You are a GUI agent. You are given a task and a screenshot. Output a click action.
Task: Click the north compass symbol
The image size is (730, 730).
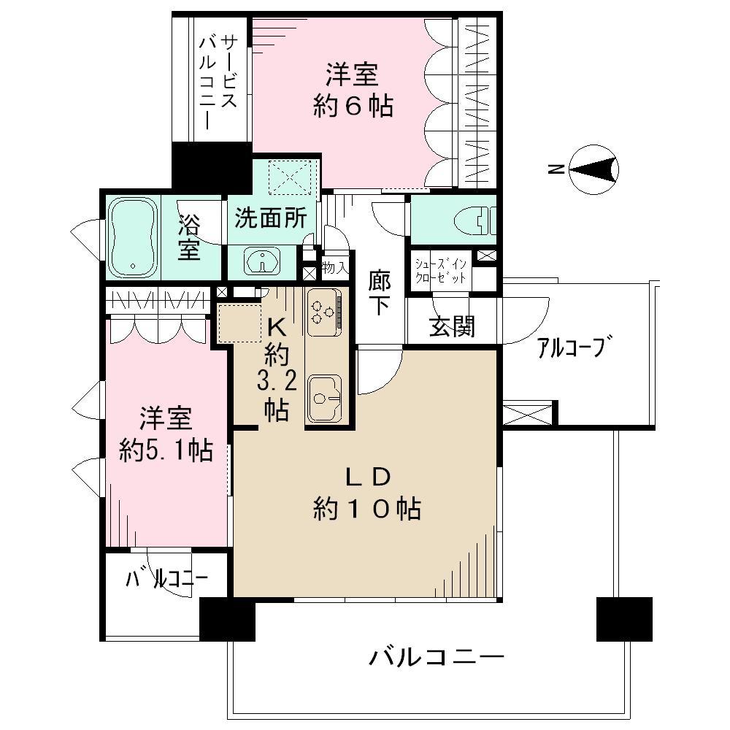click(595, 170)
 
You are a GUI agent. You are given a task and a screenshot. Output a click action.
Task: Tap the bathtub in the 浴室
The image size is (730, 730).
click(133, 238)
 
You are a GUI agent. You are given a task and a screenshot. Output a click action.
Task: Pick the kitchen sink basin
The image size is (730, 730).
click(323, 398)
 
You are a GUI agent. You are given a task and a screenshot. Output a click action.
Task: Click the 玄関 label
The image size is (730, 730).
click(452, 328)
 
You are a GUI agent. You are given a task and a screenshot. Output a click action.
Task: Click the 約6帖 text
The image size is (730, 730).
click(353, 107)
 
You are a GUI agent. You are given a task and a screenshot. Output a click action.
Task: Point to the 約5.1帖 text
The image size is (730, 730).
click(166, 451)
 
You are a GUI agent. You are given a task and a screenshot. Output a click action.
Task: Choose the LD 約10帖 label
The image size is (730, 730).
click(369, 493)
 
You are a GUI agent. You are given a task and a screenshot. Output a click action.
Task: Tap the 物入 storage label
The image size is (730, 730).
click(335, 268)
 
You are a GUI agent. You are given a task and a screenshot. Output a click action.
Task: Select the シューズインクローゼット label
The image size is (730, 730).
click(442, 269)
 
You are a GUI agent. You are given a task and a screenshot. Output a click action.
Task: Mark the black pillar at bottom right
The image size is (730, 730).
click(623, 618)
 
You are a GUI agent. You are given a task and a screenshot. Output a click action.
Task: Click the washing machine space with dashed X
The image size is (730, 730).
click(291, 176)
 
